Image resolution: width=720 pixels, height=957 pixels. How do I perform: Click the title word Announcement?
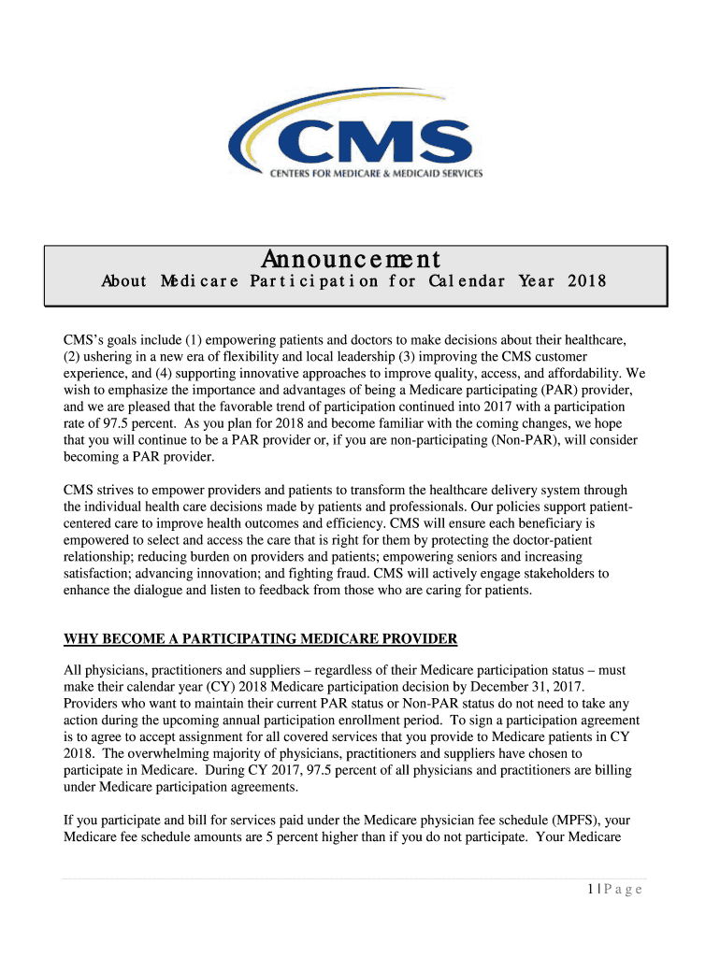pos(352,259)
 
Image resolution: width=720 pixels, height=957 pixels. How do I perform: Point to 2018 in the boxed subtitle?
pos(587,281)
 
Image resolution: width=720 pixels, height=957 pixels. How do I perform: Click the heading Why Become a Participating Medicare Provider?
pos(260,639)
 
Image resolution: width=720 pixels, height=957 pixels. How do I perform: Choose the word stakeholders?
pos(550,574)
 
